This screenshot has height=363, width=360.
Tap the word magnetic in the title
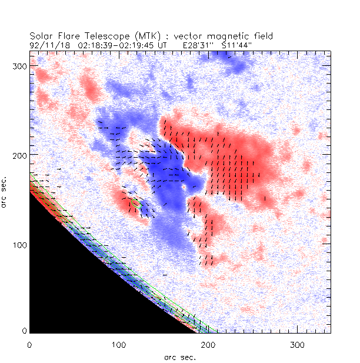click(221, 36)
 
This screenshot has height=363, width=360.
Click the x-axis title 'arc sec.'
click(180, 357)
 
